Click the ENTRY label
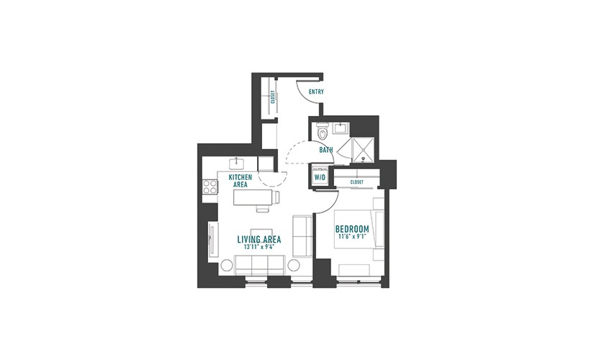pos(316,91)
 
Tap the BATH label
pos(325,150)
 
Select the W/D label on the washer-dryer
pos(320,177)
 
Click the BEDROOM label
pos(352,229)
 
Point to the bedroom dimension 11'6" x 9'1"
pos(352,237)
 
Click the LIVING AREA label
pos(259,240)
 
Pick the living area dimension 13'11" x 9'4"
pos(259,247)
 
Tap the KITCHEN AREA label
pos(240,181)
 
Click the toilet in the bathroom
pos(323,132)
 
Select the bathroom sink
pos(341,127)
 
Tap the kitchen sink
pos(237,163)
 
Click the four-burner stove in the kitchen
pos(210,186)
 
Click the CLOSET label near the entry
pos(273,96)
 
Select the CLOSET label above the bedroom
pos(357,182)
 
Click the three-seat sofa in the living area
pos(260,265)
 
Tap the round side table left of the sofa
pos(227,265)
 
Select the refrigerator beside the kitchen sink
pos(265,163)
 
